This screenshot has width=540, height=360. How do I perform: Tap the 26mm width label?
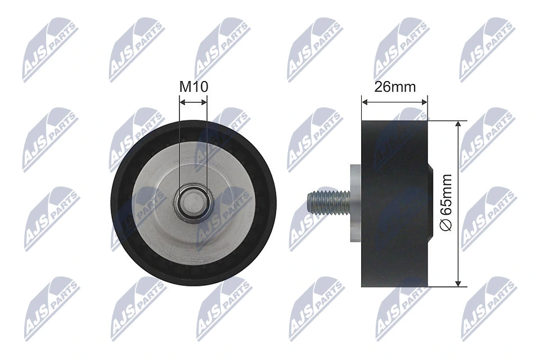click(394, 87)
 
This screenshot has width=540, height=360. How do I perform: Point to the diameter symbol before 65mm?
click(445, 225)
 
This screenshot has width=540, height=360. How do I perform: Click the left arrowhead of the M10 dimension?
click(182, 102)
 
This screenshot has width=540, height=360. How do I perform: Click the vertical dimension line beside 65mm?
click(460, 169)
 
